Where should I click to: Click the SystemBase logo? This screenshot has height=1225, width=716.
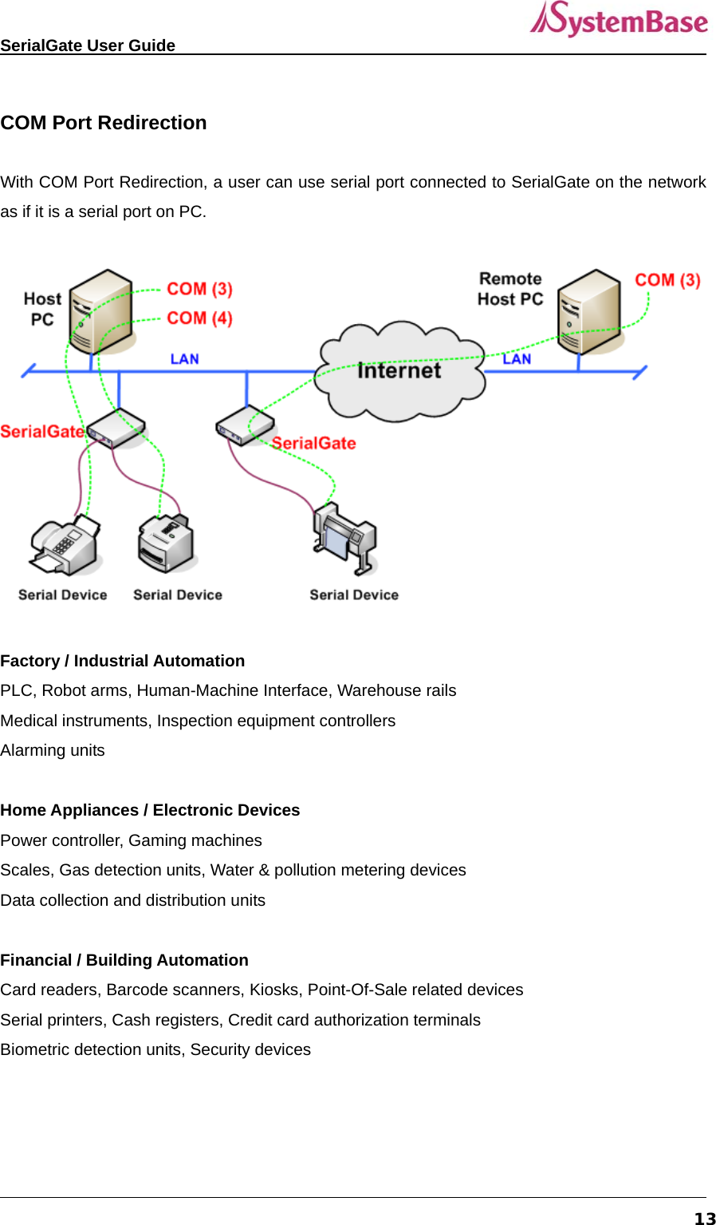click(x=619, y=20)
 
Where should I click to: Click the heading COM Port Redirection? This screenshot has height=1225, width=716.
click(x=104, y=123)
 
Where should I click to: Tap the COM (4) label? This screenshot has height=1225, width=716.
click(x=199, y=318)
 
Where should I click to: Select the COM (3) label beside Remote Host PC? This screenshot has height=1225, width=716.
click(x=667, y=280)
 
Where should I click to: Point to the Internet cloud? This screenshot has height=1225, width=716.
click(x=399, y=371)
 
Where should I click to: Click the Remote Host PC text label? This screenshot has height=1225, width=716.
click(x=510, y=289)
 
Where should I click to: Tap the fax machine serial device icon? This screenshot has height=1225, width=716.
click(x=65, y=547)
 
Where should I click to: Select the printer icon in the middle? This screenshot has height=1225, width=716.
click(x=167, y=543)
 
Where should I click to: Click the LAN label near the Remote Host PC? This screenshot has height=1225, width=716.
click(x=517, y=359)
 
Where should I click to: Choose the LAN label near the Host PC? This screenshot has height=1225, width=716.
click(x=184, y=359)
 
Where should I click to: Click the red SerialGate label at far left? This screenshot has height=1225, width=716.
click(x=41, y=432)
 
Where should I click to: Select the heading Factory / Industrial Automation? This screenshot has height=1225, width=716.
click(x=123, y=661)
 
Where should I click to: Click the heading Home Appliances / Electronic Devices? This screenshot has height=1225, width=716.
click(x=150, y=810)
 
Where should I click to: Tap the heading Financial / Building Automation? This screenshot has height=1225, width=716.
click(x=124, y=960)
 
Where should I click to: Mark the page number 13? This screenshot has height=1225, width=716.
click(x=705, y=1218)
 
